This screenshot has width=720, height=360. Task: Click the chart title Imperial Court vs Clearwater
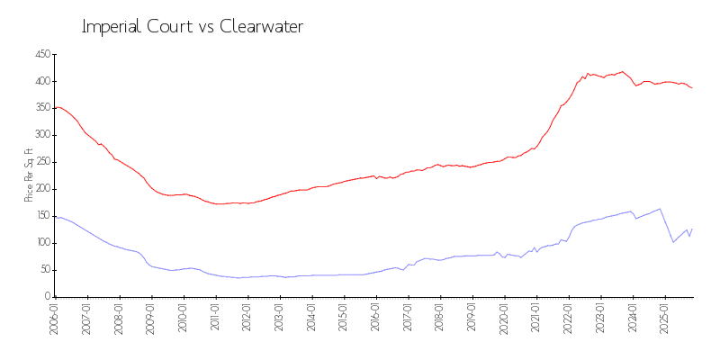[x=193, y=27]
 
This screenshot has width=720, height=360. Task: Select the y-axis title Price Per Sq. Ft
[x=30, y=175]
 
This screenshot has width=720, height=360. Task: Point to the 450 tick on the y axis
[x=41, y=55]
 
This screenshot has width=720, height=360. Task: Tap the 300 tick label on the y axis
[x=41, y=135]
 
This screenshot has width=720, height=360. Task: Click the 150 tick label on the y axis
[x=41, y=216]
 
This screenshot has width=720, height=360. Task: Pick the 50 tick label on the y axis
[x=43, y=270]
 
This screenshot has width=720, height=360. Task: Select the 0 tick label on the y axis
[x=46, y=297]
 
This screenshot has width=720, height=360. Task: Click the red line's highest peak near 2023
[x=622, y=72]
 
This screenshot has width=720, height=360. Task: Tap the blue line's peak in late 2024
[x=660, y=209]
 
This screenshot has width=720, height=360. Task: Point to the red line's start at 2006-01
[x=56, y=108]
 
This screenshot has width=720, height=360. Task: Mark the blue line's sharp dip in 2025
[x=672, y=242]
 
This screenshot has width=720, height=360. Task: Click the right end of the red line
[x=692, y=87]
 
